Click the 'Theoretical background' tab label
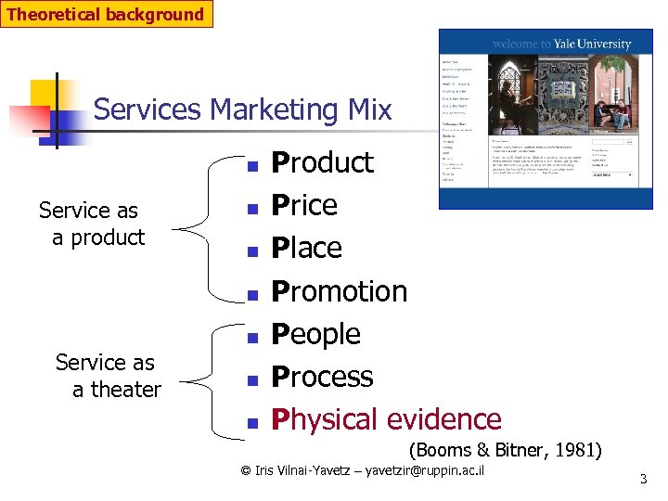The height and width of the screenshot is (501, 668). click(106, 14)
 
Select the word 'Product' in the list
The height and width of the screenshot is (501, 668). click(322, 162)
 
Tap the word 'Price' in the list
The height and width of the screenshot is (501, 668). click(303, 205)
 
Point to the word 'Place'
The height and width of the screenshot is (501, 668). click(306, 248)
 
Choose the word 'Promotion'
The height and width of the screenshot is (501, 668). click(339, 291)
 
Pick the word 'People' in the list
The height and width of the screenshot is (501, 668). click(315, 334)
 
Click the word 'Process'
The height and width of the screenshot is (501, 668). click(322, 377)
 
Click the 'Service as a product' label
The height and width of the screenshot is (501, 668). click(91, 224)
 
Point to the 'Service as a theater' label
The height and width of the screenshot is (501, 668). click(108, 376)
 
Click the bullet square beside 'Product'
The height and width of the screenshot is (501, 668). click(250, 165)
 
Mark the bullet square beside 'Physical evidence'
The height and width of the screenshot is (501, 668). click(250, 423)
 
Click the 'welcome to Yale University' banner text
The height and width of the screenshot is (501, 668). click(561, 44)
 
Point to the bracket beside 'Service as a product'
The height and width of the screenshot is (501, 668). click(205, 225)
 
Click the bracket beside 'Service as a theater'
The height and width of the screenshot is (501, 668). click(205, 376)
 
